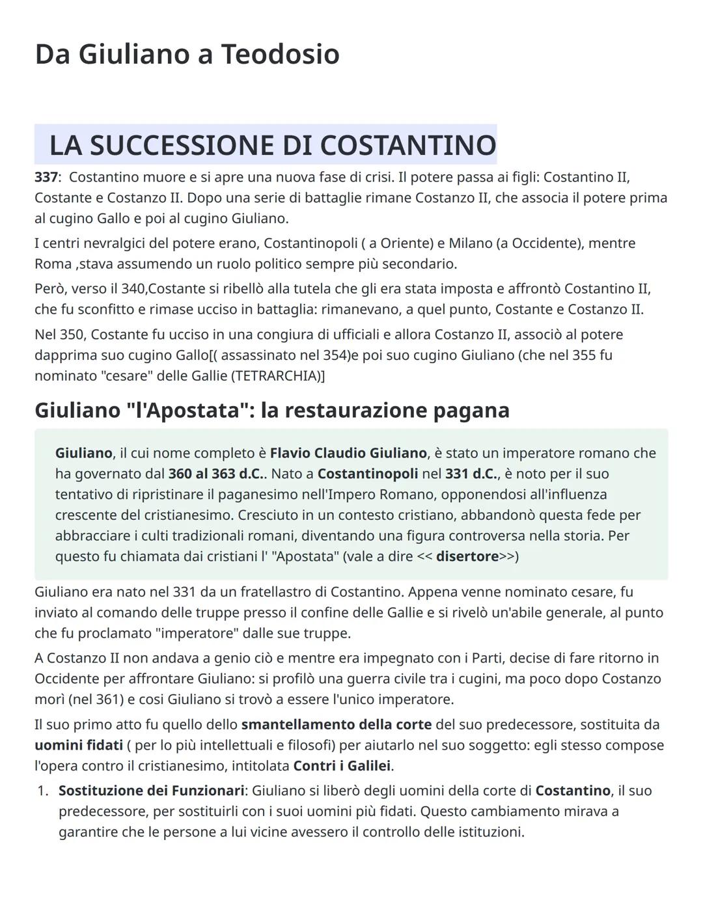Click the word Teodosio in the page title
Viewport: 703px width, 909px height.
[x=280, y=54]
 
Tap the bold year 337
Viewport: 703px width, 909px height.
[x=46, y=177]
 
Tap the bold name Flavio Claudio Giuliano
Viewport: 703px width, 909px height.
[x=348, y=453]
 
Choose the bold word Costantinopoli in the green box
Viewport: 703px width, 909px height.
[x=368, y=474]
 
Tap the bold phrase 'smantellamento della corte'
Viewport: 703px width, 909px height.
[x=336, y=725]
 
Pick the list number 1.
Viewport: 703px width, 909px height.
[x=42, y=791]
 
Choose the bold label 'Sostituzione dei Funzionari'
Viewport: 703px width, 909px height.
[x=151, y=791]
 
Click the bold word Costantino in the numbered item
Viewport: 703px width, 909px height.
[x=573, y=791]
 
